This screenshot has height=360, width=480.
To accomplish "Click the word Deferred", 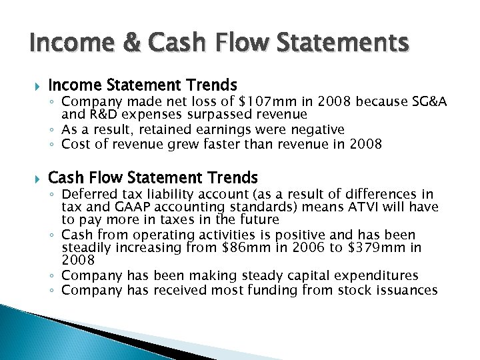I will click(87, 194).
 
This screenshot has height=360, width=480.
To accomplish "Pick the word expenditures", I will click(379, 275).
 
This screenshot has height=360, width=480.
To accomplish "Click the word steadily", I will click(85, 248).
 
